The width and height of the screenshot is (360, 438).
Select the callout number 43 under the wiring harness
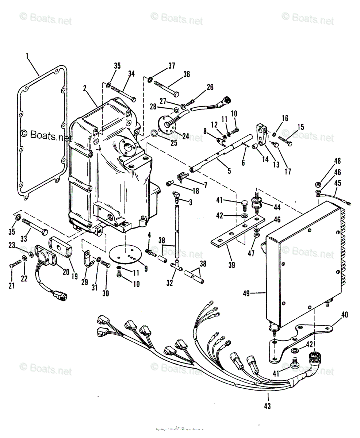(268, 406)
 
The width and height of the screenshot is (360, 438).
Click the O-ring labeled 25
(155, 133)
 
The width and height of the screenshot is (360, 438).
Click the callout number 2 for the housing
(84, 88)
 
